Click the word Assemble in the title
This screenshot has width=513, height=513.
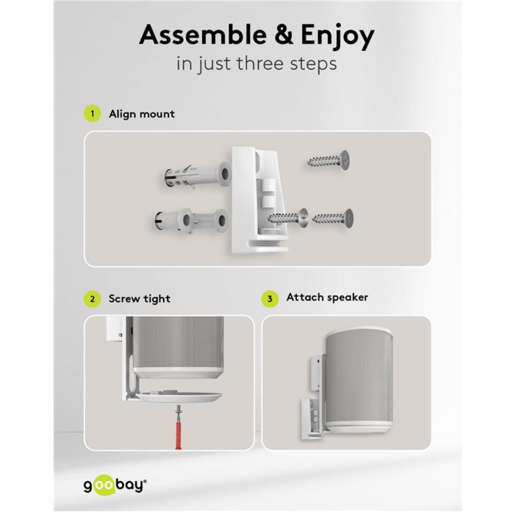click(x=203, y=34)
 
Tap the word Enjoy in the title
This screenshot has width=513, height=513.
click(x=338, y=36)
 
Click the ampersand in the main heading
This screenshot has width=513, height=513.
click(x=284, y=35)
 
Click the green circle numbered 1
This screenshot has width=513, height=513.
click(x=92, y=114)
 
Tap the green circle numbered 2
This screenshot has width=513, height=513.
click(x=92, y=299)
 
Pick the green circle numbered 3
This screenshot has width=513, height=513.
click(x=270, y=299)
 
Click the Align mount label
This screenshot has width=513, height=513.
click(x=142, y=114)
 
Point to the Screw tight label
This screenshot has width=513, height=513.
click(x=140, y=299)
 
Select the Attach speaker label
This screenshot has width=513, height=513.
click(x=327, y=297)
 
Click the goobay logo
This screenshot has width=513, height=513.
click(x=115, y=486)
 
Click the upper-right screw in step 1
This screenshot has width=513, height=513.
click(x=328, y=161)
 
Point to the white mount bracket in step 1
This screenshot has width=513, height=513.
click(x=259, y=200)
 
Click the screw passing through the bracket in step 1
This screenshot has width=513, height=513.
click(x=288, y=217)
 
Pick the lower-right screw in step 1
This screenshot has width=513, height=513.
click(x=333, y=218)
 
